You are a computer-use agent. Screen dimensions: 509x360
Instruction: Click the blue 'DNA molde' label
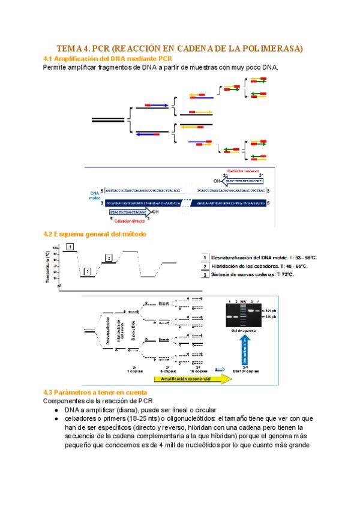[x=94, y=194]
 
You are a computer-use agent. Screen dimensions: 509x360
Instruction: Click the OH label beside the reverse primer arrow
[x=217, y=179]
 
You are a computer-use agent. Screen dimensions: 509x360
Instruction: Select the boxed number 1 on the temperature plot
[x=71, y=247]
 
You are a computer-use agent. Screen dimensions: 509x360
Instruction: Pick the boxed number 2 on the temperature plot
[x=87, y=272]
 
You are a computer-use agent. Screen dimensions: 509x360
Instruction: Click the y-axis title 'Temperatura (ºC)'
[x=47, y=267]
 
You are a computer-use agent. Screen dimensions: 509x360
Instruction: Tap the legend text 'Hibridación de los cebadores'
[x=255, y=266]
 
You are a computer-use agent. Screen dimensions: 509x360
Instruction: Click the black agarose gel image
[x=238, y=313]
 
